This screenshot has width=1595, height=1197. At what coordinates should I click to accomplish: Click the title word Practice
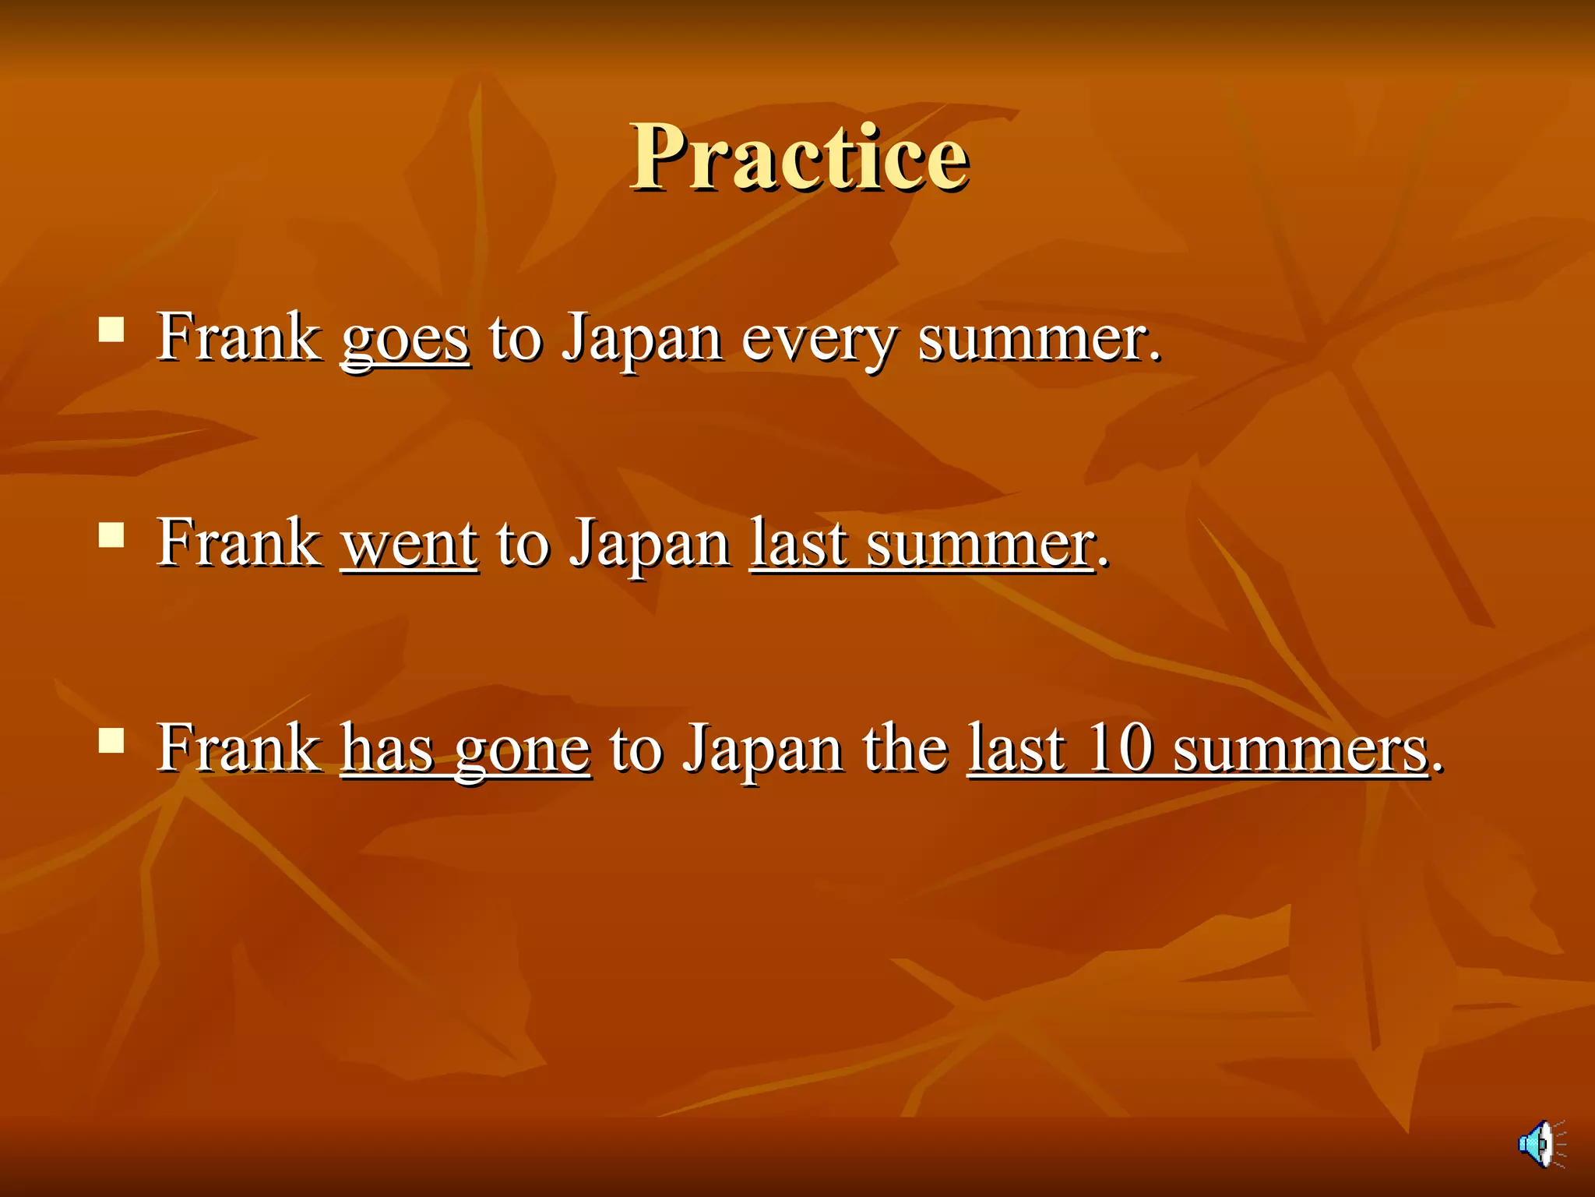click(800, 157)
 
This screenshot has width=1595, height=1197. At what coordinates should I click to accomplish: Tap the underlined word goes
click(405, 338)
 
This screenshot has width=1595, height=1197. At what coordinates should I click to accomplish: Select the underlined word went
click(409, 543)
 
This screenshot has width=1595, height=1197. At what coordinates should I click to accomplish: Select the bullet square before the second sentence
click(111, 535)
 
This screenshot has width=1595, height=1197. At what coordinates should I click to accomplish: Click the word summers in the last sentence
click(1300, 750)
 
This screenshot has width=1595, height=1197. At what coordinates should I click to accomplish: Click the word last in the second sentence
click(797, 543)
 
